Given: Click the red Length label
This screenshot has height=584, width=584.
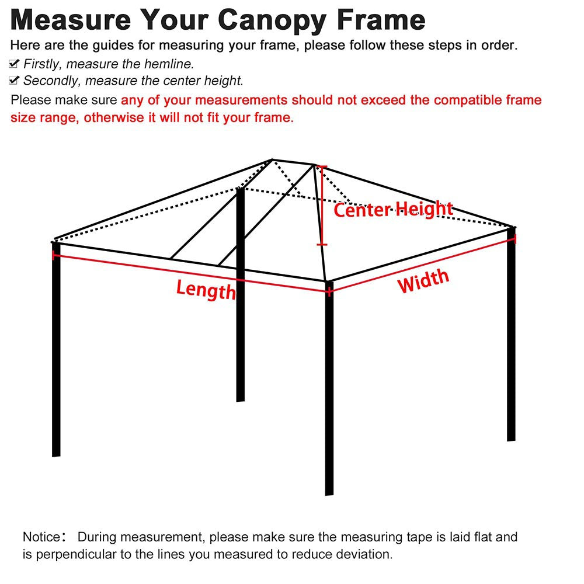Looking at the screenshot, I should (x=206, y=288).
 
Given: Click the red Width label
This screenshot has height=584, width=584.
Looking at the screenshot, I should (x=423, y=281).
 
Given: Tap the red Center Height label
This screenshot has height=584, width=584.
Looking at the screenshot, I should (x=393, y=209).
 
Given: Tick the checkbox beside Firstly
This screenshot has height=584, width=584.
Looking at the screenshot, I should (x=15, y=64).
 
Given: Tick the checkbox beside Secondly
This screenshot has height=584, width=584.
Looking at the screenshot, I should (x=15, y=81).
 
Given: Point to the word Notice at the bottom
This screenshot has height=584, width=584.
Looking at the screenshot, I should (x=41, y=537).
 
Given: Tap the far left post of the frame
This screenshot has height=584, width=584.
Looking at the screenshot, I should (x=56, y=350).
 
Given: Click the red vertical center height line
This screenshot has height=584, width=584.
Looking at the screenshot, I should (x=321, y=204).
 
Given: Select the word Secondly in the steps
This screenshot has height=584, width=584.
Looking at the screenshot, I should (x=51, y=81).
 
